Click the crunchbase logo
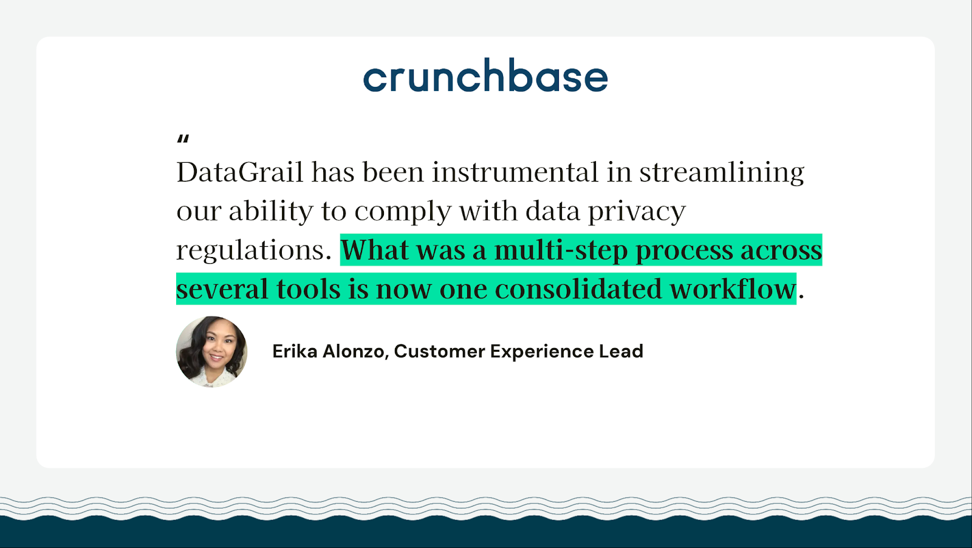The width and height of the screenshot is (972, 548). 485,75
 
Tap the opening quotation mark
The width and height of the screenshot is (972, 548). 183,139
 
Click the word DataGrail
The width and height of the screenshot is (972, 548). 239,173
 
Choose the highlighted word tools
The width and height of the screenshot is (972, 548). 309,289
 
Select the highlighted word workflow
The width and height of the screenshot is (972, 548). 733,289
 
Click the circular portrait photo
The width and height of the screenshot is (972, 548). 212,351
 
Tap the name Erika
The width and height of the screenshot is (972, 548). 295,351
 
